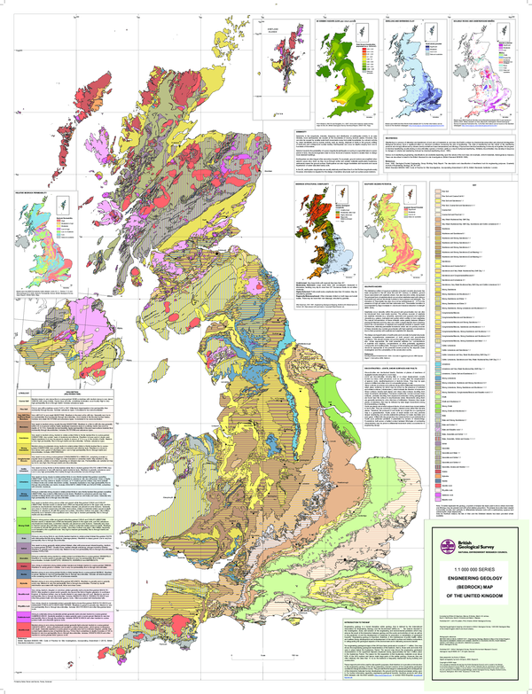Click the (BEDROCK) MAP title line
(470, 583)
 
